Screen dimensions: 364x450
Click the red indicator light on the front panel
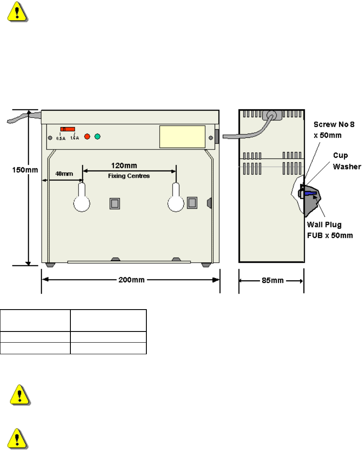coord(88,137)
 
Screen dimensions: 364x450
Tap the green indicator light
coord(97,137)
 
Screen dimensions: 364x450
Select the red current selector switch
coord(68,129)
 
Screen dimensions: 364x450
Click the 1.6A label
coord(74,138)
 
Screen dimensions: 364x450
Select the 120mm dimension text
coord(130,165)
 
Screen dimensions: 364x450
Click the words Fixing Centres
coord(129,176)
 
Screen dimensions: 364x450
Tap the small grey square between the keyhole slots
coord(114,203)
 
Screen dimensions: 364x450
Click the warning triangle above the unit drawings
coord(17,13)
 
